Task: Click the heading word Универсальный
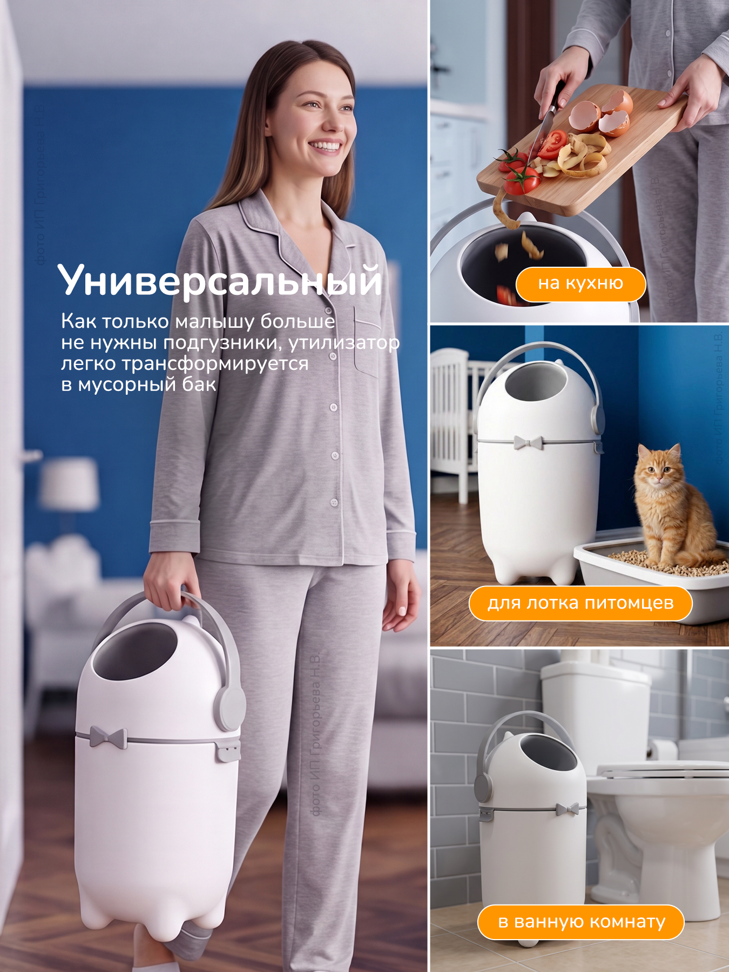(x=220, y=281)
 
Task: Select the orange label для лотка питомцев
(x=580, y=603)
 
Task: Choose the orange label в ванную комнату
(x=581, y=922)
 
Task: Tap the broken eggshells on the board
(x=601, y=113)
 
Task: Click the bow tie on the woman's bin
(x=108, y=737)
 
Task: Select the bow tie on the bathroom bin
(x=567, y=808)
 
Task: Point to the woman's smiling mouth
(x=326, y=146)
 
